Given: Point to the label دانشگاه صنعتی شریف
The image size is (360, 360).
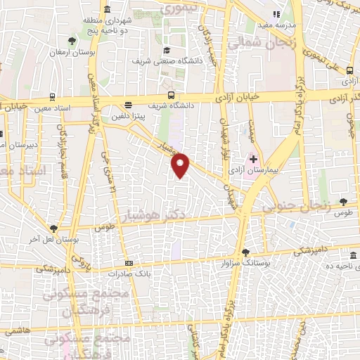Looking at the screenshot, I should pos(167,60).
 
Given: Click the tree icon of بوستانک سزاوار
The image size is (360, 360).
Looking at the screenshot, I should pos(245,252).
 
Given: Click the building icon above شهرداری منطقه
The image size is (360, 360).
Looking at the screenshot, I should pos(107,9).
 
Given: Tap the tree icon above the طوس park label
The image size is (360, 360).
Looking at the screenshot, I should pos(343,202).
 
